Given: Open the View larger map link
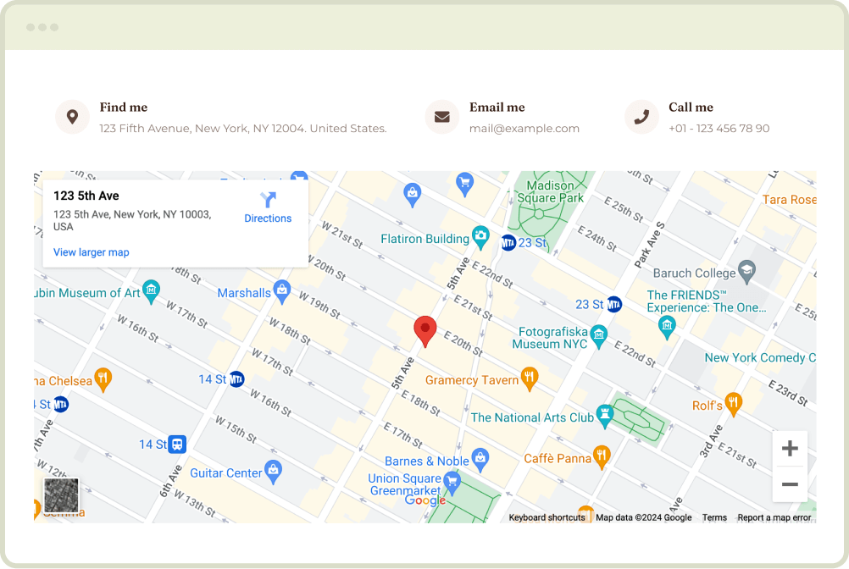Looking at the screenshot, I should point(92,252).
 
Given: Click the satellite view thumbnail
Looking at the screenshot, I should point(61,495).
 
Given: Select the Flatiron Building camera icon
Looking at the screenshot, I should point(480,238).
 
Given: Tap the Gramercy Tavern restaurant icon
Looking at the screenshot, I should point(530,378).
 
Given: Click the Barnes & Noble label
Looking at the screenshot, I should point(427,461).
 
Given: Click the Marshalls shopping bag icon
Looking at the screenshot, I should point(282,292).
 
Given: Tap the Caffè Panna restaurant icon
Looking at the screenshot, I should point(602,456).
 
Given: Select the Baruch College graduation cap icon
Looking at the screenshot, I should point(746,273).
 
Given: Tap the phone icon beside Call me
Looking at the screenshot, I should point(641,117).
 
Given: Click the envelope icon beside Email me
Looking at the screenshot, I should point(441,117).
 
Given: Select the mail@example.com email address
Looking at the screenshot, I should point(524,129).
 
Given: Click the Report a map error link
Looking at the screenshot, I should point(774,517).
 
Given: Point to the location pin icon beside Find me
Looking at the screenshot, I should point(72,117).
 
